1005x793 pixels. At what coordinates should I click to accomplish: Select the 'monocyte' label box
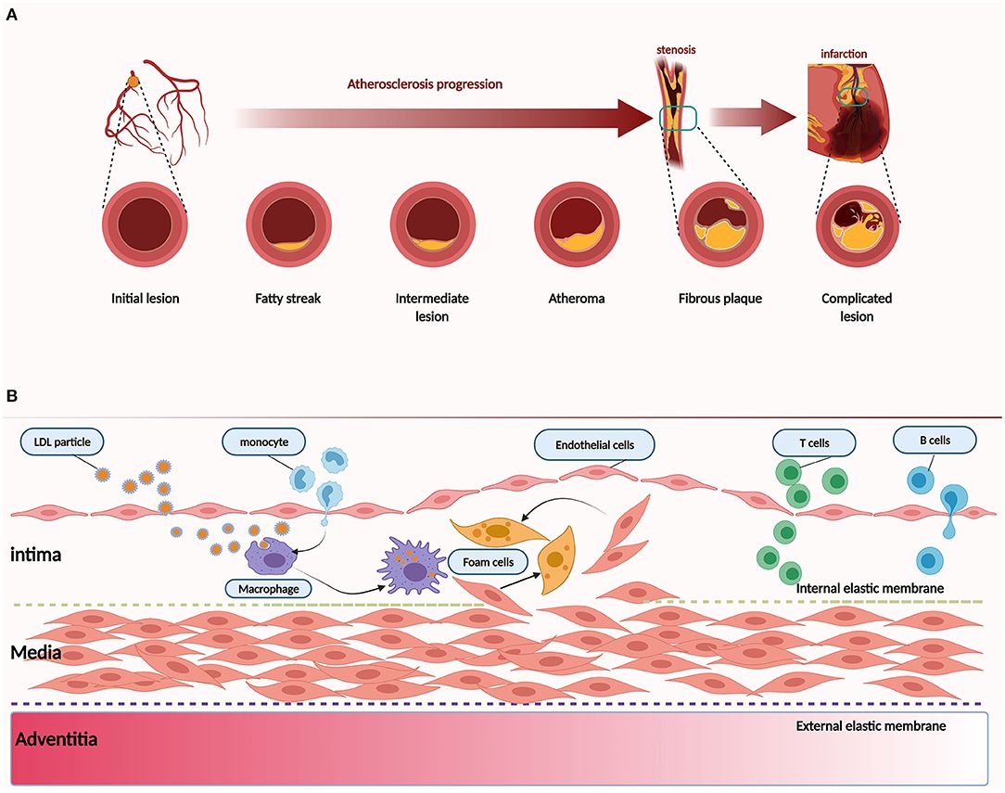point(267,442)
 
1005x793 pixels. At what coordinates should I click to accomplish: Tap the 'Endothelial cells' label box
point(594,445)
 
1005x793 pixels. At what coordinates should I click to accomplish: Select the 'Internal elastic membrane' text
point(871,588)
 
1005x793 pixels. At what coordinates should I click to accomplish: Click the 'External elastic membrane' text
point(871,725)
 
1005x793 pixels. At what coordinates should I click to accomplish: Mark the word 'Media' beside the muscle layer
point(35,653)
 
